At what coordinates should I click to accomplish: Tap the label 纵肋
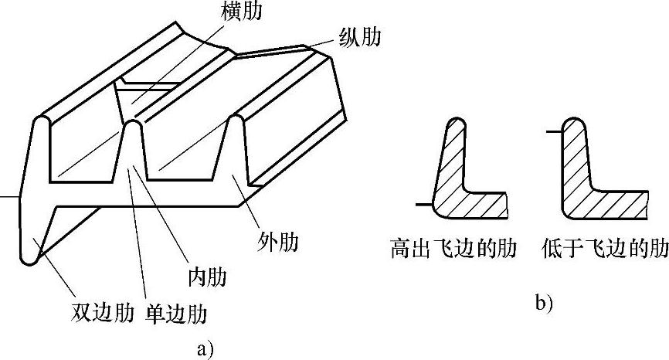coord(359,37)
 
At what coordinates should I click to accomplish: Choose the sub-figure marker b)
coord(544,304)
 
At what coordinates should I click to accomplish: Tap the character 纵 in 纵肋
coord(348,37)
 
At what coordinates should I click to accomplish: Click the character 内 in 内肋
coord(196,275)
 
